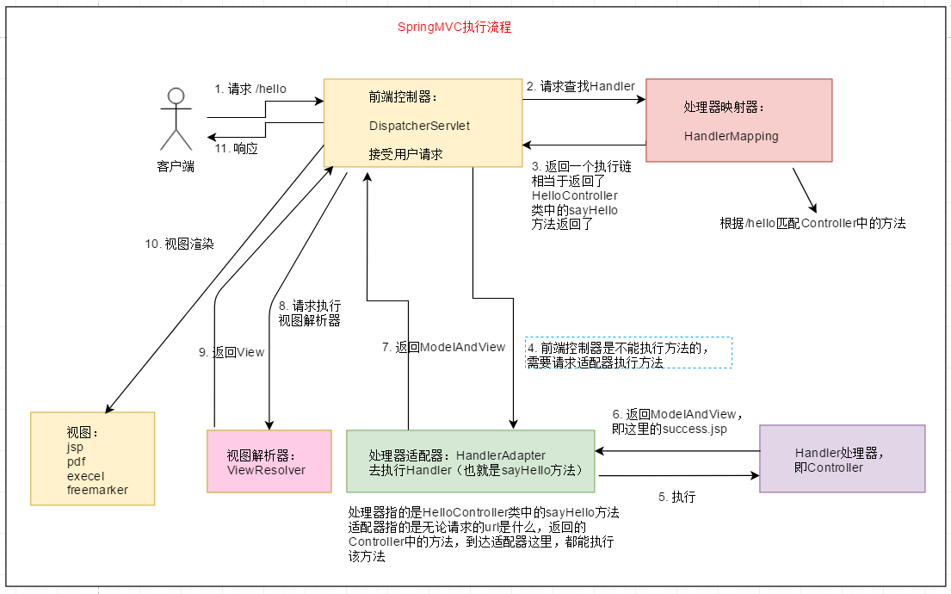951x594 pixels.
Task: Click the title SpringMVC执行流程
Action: point(454,28)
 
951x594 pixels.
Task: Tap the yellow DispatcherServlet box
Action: point(423,122)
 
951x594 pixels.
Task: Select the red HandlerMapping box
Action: point(738,121)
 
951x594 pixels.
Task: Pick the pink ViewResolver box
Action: point(269,461)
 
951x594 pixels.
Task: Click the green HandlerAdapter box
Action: point(470,461)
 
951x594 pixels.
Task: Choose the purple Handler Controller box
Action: point(842,458)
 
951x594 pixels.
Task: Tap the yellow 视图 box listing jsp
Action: point(93,458)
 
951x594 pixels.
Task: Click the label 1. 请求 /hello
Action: point(250,89)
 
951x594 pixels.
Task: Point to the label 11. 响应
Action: point(237,148)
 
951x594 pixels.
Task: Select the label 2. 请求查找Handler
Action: point(580,86)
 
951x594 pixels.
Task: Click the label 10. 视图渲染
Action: point(179,244)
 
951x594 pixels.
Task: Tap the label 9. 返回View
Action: point(232,352)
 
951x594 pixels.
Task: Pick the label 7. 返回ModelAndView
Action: point(444,347)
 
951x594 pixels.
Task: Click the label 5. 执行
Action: point(676,497)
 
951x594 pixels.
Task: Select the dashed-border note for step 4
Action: point(629,353)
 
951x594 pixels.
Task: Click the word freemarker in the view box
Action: point(97,490)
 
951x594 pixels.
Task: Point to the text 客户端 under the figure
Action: point(176,166)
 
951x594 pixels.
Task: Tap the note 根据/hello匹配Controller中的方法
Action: point(812,223)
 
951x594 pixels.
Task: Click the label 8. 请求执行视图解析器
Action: point(310,313)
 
